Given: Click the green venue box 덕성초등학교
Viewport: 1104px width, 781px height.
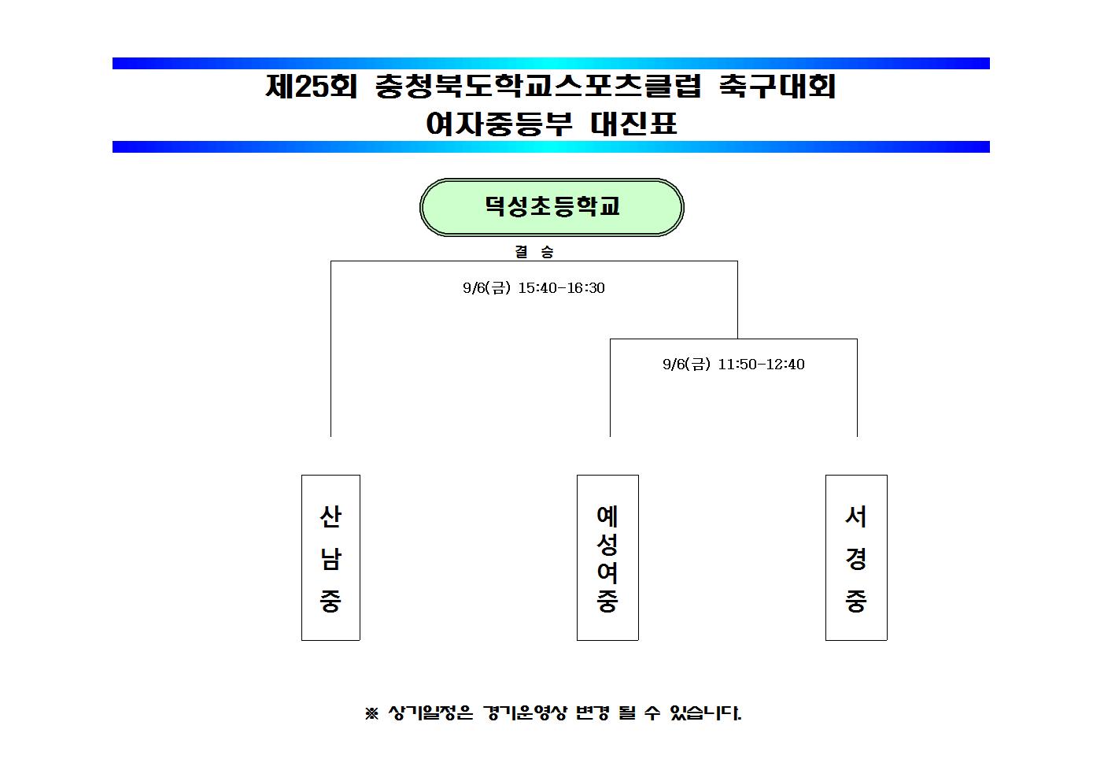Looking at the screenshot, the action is (552, 207).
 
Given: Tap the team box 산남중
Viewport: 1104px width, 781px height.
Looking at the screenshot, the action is (330, 557).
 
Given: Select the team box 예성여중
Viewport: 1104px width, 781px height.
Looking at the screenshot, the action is (607, 557).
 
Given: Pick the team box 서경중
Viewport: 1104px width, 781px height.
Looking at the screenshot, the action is (856, 557).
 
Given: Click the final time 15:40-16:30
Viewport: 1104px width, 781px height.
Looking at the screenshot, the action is (561, 288).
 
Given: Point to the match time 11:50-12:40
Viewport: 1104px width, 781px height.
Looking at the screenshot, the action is (761, 365).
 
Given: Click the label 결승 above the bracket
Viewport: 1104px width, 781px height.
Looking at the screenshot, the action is (534, 252).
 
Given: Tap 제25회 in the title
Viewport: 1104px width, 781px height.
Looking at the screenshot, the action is (311, 87).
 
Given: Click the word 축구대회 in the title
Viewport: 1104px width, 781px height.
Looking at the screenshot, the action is (777, 87).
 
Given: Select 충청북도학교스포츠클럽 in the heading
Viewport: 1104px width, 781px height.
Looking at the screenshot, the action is (537, 87).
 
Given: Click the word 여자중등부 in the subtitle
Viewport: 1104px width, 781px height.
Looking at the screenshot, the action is (499, 124).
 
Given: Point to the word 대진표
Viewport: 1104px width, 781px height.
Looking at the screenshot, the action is (633, 124).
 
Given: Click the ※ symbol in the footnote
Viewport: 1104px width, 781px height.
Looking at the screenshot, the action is (371, 713).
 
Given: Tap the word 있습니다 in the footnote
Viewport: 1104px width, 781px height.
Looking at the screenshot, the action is (705, 713).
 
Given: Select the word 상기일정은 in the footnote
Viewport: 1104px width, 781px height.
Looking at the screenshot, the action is (430, 713).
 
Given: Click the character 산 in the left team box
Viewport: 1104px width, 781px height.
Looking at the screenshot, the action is (330, 516).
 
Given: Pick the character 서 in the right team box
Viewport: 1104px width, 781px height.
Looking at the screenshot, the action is (856, 516).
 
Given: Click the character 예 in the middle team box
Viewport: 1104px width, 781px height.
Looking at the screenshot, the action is (607, 516).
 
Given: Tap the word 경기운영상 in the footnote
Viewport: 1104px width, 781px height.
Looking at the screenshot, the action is (526, 713).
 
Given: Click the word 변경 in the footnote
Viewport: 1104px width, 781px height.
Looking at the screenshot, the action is (593, 713).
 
